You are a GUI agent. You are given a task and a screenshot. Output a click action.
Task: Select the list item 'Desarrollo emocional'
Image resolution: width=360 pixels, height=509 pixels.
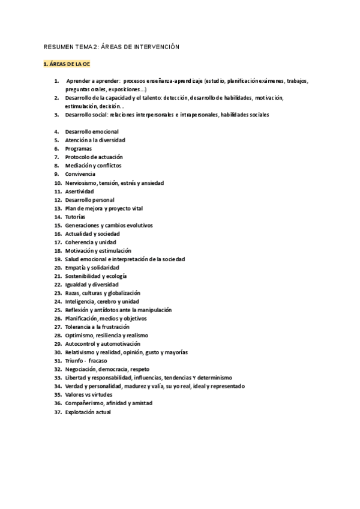92,131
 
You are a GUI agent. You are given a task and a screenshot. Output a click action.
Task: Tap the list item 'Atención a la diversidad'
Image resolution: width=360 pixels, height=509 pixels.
95,140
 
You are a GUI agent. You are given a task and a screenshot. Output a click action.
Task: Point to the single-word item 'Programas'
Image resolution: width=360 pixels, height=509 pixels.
79,148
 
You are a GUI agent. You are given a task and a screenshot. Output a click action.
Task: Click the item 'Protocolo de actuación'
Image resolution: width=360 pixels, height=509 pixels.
94,157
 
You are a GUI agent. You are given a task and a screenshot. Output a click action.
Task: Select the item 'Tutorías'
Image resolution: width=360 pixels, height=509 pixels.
76,216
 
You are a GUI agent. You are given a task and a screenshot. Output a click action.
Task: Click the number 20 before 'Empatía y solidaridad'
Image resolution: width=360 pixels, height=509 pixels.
58,267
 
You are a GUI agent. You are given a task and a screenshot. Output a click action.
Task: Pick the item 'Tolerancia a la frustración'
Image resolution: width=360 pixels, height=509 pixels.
99,327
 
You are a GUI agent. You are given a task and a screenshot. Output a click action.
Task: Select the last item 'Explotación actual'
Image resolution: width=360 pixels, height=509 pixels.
88,412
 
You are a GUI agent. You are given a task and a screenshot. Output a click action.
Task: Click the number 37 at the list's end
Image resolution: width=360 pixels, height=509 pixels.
58,412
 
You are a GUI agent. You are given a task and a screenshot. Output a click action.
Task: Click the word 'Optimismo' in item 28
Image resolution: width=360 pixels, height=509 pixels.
80,335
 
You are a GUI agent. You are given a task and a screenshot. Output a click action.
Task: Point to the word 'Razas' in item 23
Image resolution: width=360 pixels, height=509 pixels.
73,293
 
